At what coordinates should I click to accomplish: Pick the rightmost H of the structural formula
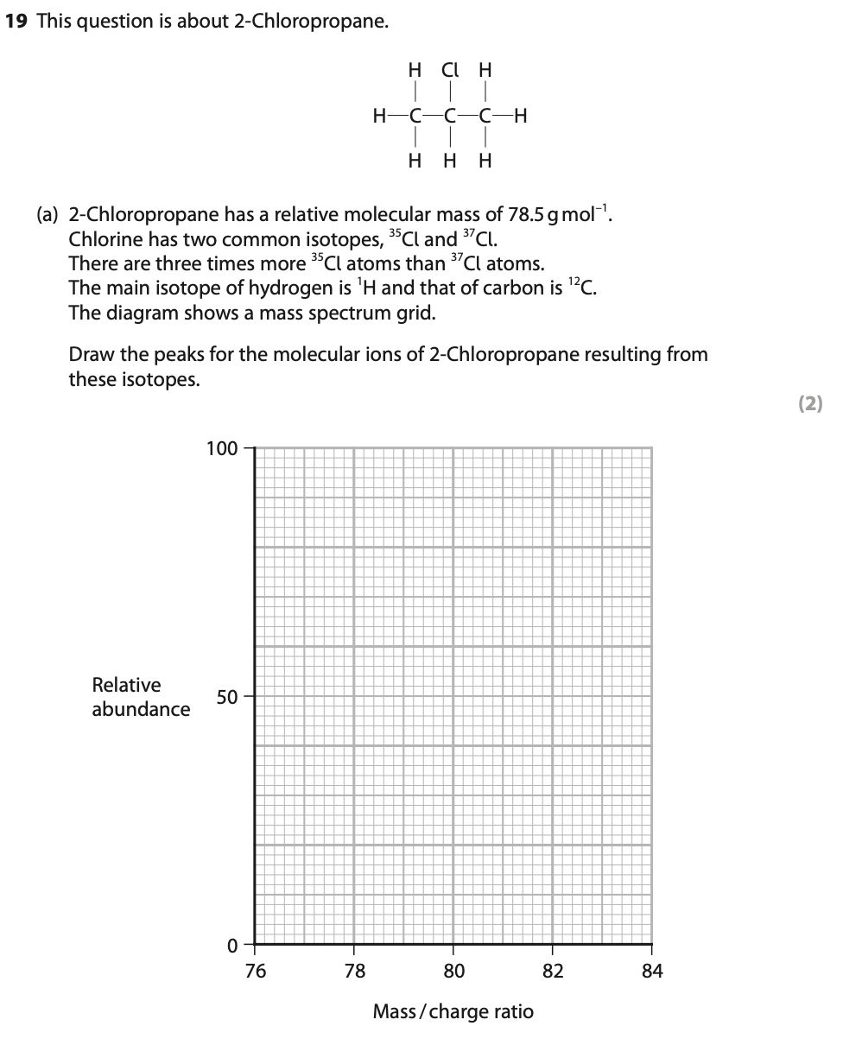click(x=520, y=115)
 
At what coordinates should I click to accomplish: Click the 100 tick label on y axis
click(x=221, y=448)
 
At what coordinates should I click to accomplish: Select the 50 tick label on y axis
click(x=226, y=697)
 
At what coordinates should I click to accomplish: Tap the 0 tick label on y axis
click(x=231, y=946)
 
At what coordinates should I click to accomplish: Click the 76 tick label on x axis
click(x=256, y=972)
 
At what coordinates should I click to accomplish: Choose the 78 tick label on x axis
click(x=355, y=972)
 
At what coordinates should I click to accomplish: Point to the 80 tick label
click(x=454, y=972)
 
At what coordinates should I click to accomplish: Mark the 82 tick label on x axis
click(x=554, y=972)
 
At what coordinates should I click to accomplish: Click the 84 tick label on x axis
click(x=653, y=972)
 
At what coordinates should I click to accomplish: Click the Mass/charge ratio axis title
click(x=453, y=1011)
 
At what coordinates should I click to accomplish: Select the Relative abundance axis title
click(x=141, y=697)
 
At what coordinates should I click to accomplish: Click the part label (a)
click(x=48, y=214)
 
